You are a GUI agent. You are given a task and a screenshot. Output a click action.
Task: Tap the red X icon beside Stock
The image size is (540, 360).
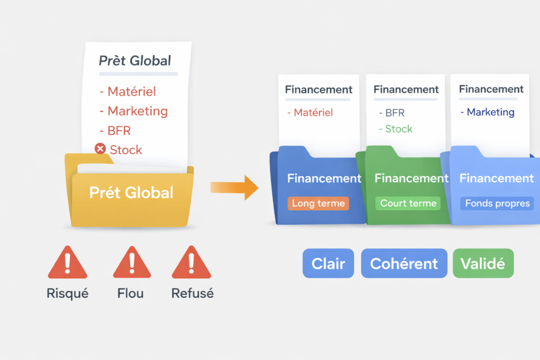pyautogui.click(x=100, y=149)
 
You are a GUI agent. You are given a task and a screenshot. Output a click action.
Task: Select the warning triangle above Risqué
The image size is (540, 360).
pyautogui.click(x=67, y=263)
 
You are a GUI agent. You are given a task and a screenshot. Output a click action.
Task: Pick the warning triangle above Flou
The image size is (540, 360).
pyautogui.click(x=131, y=263)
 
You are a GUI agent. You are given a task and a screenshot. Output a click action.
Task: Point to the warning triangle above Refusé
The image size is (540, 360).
pyautogui.click(x=191, y=263)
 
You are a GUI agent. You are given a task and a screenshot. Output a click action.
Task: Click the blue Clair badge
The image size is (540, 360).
pyautogui.click(x=328, y=264)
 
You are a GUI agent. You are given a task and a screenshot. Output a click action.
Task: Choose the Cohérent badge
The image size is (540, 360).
pyautogui.click(x=404, y=264)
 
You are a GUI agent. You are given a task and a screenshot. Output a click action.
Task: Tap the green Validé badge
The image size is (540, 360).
pyautogui.click(x=483, y=264)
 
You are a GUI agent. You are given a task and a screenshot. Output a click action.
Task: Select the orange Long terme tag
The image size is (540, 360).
pyautogui.click(x=318, y=203)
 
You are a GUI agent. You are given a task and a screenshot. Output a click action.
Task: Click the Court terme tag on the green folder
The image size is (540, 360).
pyautogui.click(x=408, y=203)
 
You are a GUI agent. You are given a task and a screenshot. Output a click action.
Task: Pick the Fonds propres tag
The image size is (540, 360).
pyautogui.click(x=497, y=203)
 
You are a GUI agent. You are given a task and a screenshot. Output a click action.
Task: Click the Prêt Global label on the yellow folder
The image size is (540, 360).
pyautogui.click(x=131, y=192)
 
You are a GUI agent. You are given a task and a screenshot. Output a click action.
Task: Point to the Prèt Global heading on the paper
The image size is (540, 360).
pyautogui.click(x=135, y=61)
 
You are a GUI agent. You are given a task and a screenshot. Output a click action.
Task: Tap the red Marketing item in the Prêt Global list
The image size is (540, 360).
pyautogui.click(x=137, y=111)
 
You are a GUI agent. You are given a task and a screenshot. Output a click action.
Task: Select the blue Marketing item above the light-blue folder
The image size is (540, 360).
pyautogui.click(x=490, y=112)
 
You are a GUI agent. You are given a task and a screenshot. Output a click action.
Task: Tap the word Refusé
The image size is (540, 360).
pyautogui.click(x=192, y=293)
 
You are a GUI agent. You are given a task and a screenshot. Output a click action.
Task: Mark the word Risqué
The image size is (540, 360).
pyautogui.click(x=67, y=293)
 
